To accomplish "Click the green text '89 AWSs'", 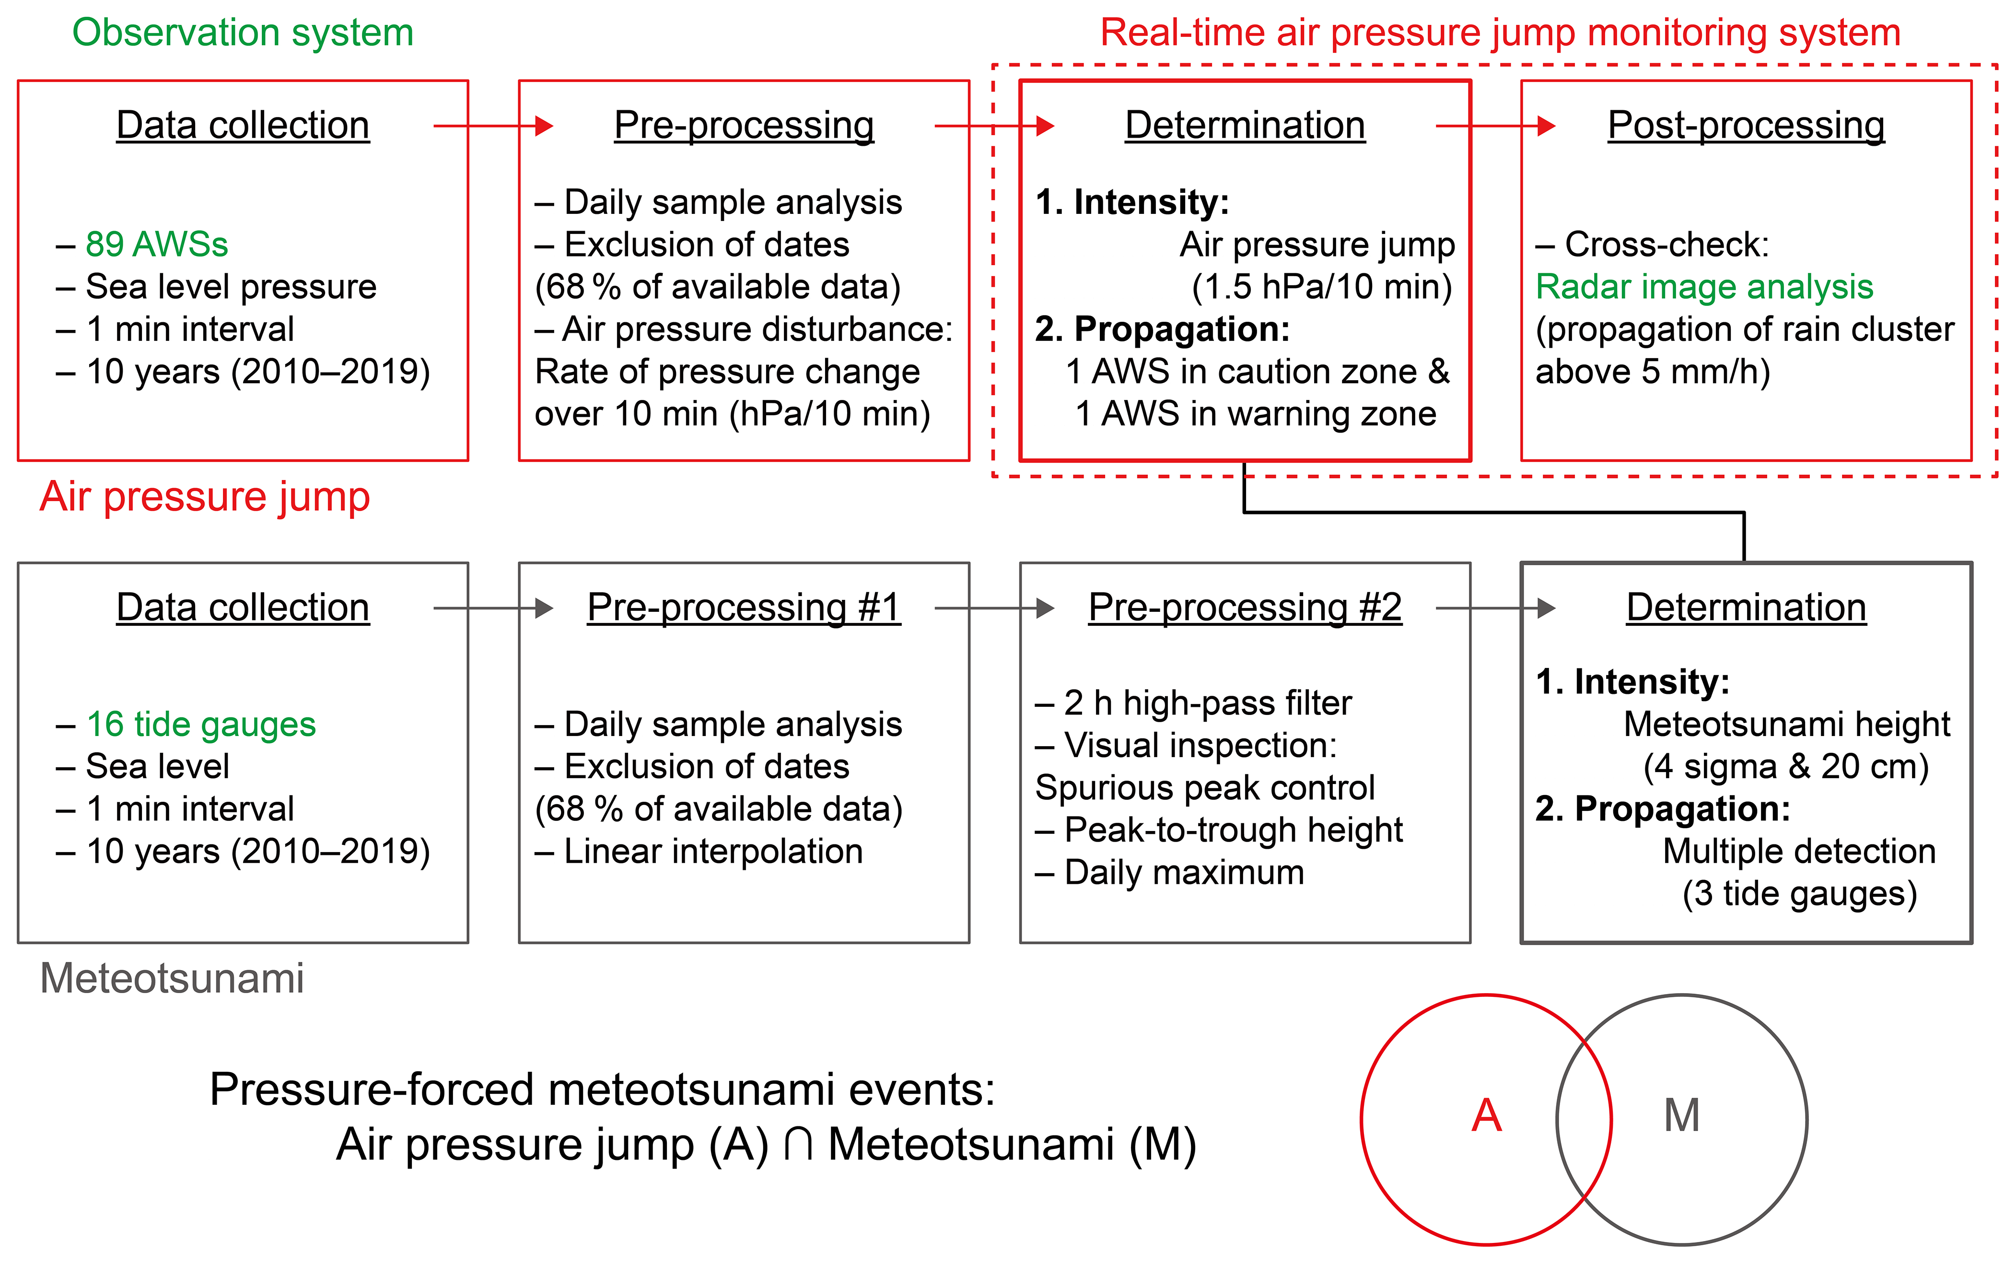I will click(156, 244).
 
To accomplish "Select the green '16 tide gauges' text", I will click(200, 724).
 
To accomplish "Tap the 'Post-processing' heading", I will click(1746, 126).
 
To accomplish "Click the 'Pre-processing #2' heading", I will click(1245, 608).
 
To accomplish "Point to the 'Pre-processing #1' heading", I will click(744, 608).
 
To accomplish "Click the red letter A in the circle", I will click(1486, 1115).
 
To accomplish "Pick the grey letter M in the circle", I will click(1682, 1115).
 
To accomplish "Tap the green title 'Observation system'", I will click(243, 33).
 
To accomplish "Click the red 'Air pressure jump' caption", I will click(205, 497).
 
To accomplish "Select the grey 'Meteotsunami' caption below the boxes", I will click(172, 978).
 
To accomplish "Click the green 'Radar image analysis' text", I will click(1704, 287).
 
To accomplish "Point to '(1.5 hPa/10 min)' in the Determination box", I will click(1321, 287).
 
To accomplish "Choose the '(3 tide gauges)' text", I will click(1799, 894).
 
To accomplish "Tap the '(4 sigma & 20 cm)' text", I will click(1786, 767).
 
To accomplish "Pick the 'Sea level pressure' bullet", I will click(231, 287).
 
